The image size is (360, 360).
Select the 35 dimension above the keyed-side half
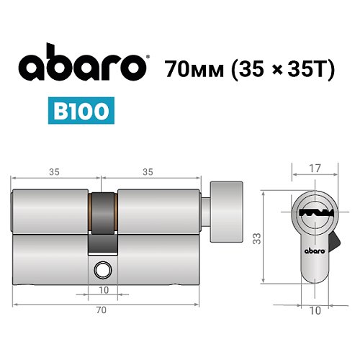[x=54, y=173]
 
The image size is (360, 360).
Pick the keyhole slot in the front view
[x=312, y=213]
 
